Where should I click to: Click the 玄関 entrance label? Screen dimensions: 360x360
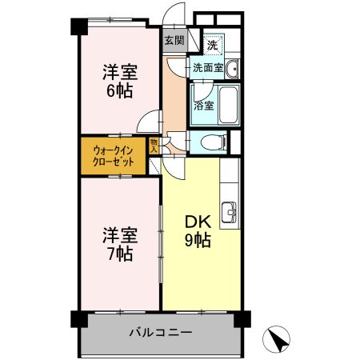coord(174,40)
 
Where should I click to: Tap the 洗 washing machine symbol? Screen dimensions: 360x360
coord(213,44)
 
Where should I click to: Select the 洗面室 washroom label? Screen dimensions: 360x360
coord(206,68)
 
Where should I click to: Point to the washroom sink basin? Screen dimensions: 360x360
coord(230,68)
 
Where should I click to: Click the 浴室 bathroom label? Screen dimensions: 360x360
coord(203,105)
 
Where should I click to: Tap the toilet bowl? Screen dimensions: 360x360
coord(211,143)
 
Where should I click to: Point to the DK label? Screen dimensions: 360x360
coord(198,222)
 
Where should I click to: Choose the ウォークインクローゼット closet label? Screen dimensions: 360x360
coord(113,155)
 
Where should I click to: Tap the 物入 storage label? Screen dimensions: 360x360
coord(154,146)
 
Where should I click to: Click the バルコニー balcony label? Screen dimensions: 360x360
coord(160,332)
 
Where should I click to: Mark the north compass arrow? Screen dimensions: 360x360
coord(278,339)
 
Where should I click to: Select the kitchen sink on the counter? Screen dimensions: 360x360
coord(229,211)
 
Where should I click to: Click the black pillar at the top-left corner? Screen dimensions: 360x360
coord(78,25)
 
